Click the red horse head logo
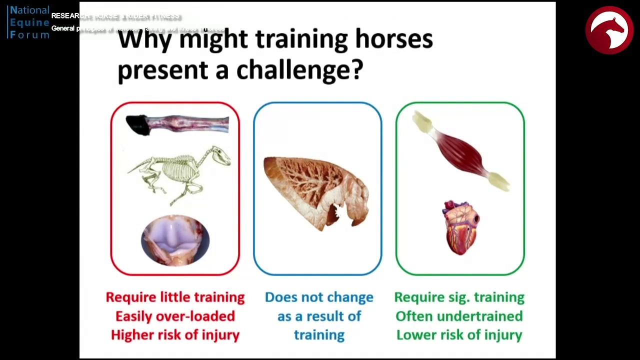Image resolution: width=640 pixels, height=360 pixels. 609,30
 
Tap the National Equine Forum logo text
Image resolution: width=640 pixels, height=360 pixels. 29,22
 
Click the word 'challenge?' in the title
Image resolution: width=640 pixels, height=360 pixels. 299,70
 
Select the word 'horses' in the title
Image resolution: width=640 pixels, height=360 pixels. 393,39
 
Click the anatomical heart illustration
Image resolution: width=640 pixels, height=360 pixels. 460,227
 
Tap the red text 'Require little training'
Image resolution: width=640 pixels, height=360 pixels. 175,297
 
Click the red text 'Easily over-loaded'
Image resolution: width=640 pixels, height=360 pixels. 175,316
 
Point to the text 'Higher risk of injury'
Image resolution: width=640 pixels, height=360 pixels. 175,335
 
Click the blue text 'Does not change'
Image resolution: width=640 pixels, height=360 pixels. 319,297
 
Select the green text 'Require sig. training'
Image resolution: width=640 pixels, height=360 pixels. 459,297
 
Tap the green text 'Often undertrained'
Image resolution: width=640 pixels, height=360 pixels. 459,316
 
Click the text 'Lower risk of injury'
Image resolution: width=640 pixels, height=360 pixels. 459,335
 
